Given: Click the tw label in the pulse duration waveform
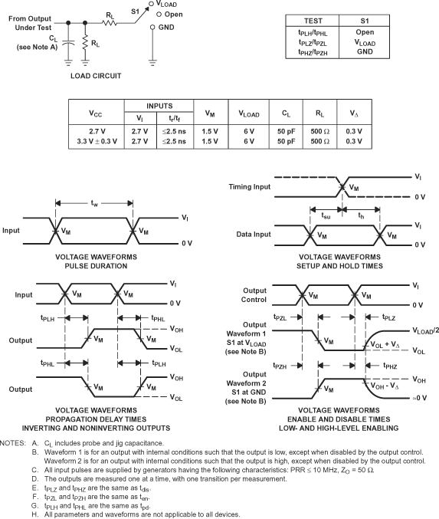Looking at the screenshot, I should pyautogui.click(x=94, y=203).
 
